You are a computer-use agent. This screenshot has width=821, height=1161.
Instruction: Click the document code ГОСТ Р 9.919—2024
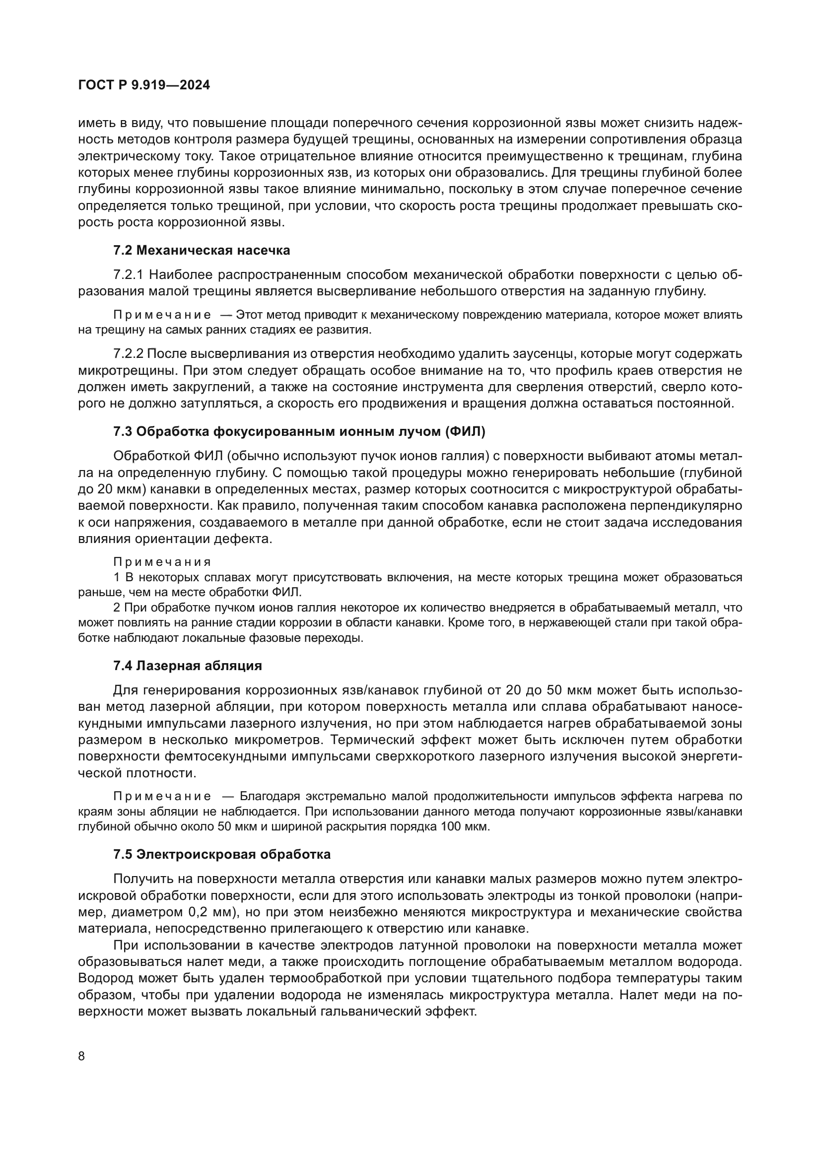(144, 85)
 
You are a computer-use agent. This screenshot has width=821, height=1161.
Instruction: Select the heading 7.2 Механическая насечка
(202, 250)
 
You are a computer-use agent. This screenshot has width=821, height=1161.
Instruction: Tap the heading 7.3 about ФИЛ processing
(299, 431)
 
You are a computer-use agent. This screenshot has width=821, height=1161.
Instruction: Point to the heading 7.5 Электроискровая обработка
(222, 854)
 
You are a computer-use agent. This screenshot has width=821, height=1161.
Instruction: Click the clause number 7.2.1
(129, 275)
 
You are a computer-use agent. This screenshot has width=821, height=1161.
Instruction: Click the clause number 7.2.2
(129, 354)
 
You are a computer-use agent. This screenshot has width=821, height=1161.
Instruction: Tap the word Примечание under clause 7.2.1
(162, 315)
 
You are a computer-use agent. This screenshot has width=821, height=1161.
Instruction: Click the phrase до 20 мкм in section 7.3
(105, 489)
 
